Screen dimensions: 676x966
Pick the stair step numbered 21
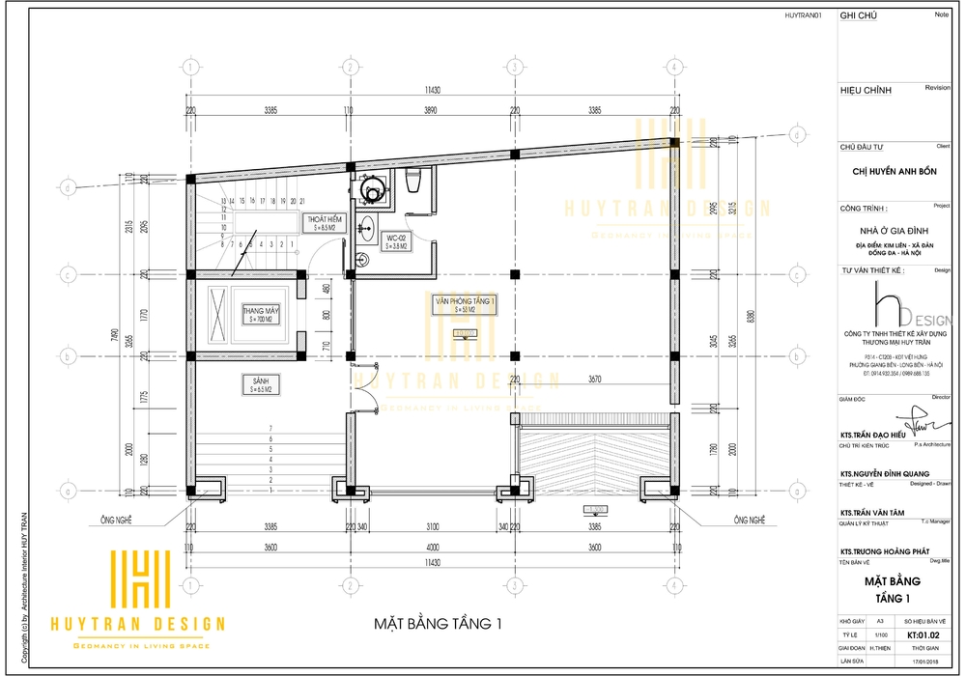[303, 201]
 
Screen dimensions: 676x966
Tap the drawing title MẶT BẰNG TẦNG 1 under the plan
[439, 623]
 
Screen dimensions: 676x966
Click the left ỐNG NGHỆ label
[116, 520]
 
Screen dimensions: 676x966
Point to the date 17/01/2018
[930, 661]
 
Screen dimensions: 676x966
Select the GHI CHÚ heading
[860, 16]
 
